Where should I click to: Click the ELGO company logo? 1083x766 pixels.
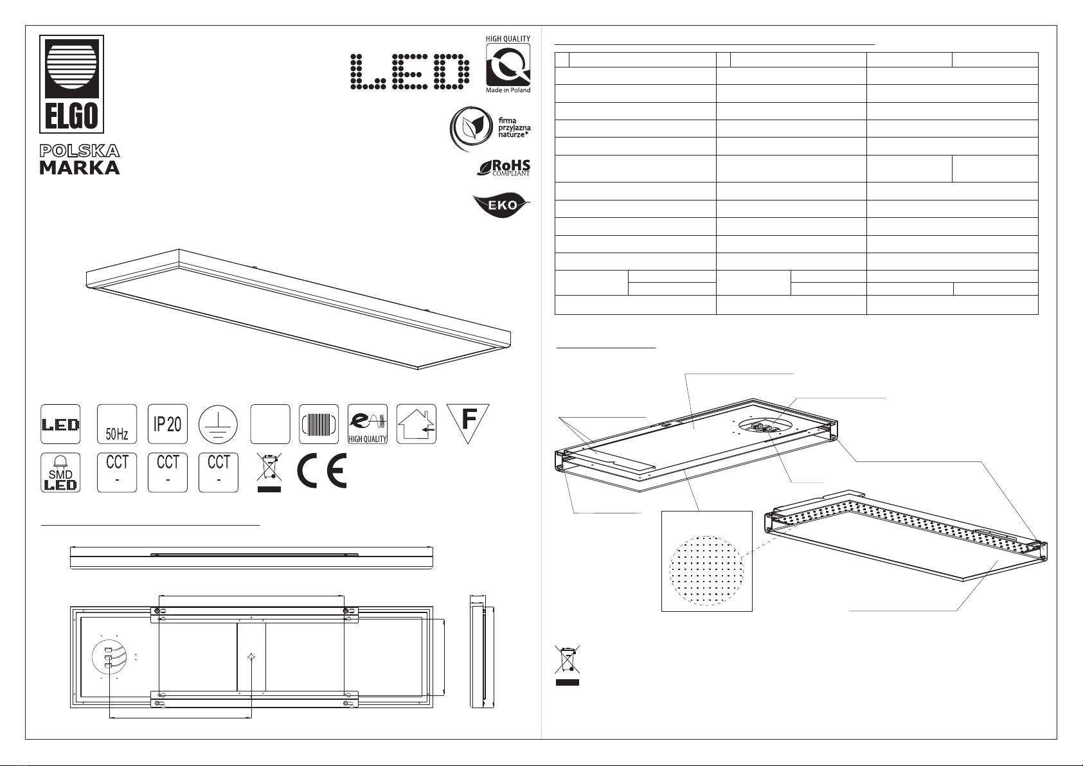pyautogui.click(x=71, y=84)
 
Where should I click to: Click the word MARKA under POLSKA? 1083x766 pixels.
pyautogui.click(x=80, y=168)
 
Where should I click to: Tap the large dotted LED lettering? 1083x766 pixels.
pyautogui.click(x=410, y=71)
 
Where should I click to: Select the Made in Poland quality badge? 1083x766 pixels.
pyautogui.click(x=508, y=64)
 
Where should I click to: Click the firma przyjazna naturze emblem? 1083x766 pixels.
pyautogui.click(x=490, y=129)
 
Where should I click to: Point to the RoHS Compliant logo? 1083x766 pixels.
pyautogui.click(x=503, y=168)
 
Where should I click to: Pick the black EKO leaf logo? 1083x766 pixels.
pyautogui.click(x=501, y=206)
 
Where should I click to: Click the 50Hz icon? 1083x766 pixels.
pyautogui.click(x=117, y=424)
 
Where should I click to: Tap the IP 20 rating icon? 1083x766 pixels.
pyautogui.click(x=167, y=424)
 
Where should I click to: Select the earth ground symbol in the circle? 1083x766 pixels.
pyautogui.click(x=218, y=425)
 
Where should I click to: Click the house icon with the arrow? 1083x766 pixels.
pyautogui.click(x=416, y=424)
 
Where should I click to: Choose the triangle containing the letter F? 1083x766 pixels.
pyautogui.click(x=468, y=423)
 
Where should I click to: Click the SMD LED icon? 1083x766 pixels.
pyautogui.click(x=60, y=473)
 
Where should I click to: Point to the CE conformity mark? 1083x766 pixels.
pyautogui.click(x=322, y=470)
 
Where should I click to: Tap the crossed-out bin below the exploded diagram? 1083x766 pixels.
pyautogui.click(x=567, y=665)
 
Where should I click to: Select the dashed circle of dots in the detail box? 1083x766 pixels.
pyautogui.click(x=706, y=570)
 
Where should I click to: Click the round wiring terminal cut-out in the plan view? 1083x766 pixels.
pyautogui.click(x=109, y=657)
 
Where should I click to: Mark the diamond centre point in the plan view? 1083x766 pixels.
pyautogui.click(x=251, y=657)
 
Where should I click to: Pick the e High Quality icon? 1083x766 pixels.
pyautogui.click(x=368, y=424)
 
